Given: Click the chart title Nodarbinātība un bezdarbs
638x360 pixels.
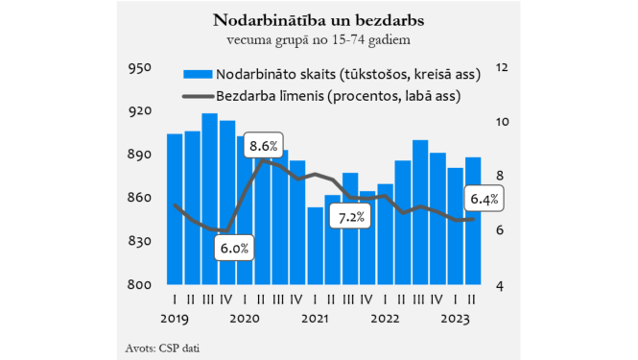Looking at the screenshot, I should click(x=319, y=20).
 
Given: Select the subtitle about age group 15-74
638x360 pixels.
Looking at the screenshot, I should click(x=319, y=39).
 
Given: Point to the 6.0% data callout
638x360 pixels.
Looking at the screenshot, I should click(x=234, y=248).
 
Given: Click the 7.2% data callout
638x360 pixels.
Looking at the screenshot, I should click(x=351, y=217).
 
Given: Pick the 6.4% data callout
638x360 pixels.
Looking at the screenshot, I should click(x=483, y=200).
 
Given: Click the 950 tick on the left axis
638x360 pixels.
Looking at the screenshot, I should click(x=140, y=68).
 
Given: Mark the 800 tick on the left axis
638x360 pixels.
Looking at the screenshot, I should click(x=140, y=285).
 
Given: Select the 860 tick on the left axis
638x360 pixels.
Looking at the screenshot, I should click(x=140, y=199).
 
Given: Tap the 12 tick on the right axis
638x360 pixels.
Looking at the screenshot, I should click(x=500, y=68).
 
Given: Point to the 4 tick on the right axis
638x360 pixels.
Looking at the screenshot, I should click(x=500, y=285).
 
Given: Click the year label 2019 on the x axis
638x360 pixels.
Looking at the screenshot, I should click(x=175, y=318).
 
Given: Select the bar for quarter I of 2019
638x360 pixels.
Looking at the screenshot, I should click(x=175, y=209).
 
